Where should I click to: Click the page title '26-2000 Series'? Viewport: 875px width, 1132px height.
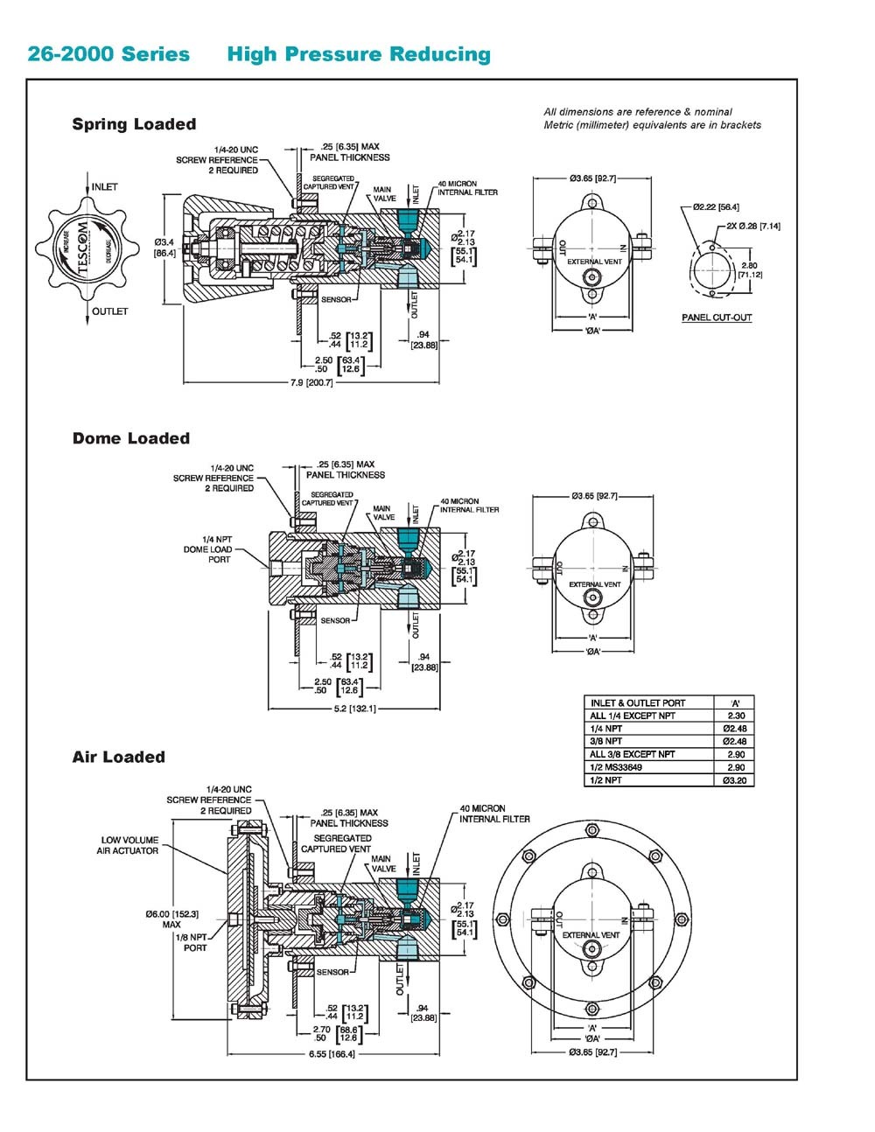tap(108, 54)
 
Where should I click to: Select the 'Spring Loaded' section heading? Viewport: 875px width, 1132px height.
tap(134, 124)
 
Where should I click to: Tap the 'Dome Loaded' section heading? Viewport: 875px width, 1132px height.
tap(130, 438)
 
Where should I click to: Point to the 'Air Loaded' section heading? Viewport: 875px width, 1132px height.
tap(118, 757)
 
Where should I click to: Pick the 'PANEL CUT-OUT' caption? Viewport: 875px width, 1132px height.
tap(717, 318)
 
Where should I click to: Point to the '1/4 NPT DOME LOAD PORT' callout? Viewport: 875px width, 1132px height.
tap(207, 549)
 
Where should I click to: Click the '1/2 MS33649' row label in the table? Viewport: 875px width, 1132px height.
tap(616, 767)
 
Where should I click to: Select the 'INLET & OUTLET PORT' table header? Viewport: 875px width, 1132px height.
tap(638, 702)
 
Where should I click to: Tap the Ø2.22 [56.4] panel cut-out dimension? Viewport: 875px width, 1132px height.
tap(716, 207)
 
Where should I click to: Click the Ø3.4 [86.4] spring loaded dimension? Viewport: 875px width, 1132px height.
tap(165, 247)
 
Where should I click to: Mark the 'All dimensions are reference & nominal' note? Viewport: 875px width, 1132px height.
tap(638, 112)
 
